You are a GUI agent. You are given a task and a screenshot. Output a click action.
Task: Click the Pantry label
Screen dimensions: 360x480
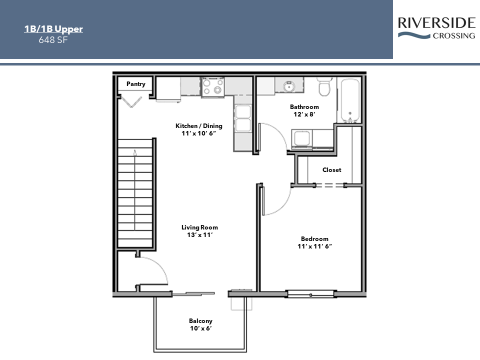point(135,84)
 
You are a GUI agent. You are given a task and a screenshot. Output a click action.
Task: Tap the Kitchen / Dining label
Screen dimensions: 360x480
point(198,126)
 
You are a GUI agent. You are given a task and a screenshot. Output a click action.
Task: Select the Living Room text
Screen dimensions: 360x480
point(199,227)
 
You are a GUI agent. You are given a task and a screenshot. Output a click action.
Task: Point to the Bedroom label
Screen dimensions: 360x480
point(314,239)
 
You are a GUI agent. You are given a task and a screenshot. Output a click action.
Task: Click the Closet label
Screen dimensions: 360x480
point(331,170)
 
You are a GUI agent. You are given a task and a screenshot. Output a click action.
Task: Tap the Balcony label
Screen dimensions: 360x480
point(200,321)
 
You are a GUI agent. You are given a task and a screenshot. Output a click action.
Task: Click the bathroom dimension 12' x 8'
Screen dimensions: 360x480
point(304,114)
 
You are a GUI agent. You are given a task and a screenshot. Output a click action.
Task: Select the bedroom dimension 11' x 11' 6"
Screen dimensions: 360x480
point(315,246)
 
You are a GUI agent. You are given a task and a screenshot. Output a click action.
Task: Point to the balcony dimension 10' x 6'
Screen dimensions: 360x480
point(200,328)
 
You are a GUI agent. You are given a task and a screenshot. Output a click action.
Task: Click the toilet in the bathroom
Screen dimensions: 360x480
point(324,87)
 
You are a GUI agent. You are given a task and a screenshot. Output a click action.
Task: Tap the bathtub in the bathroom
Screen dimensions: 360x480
point(349,100)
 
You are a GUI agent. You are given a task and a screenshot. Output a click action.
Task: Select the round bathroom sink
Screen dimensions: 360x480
point(287,86)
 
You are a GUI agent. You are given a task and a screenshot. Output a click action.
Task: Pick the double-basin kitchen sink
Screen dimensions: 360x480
point(243,118)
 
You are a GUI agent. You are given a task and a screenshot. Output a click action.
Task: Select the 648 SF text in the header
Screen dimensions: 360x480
point(53,40)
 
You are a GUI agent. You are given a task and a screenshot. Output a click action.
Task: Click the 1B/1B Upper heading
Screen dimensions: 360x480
point(53,29)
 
